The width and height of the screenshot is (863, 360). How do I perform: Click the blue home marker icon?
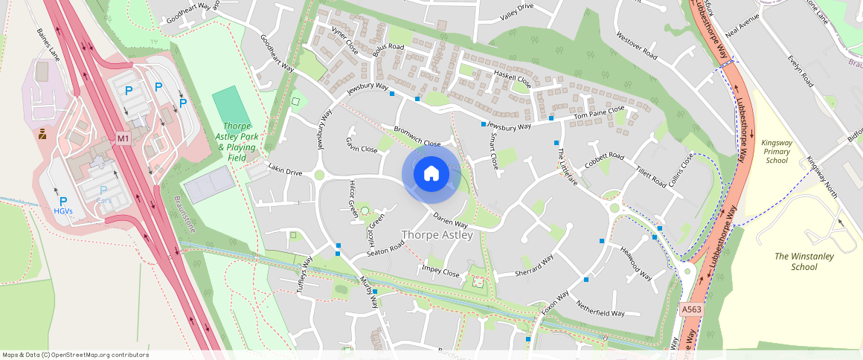point(430,174)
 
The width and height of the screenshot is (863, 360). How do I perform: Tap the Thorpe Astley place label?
point(437,235)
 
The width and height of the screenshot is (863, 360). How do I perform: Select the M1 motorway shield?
point(123,138)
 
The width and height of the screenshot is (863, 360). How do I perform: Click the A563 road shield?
point(690,308)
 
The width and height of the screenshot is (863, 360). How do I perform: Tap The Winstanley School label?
point(803,262)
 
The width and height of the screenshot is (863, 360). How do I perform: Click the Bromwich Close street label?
point(417,137)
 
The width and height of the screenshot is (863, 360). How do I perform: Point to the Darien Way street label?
point(450,220)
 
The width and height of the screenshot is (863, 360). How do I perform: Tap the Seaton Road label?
point(385,248)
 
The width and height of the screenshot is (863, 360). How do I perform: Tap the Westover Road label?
point(638,45)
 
